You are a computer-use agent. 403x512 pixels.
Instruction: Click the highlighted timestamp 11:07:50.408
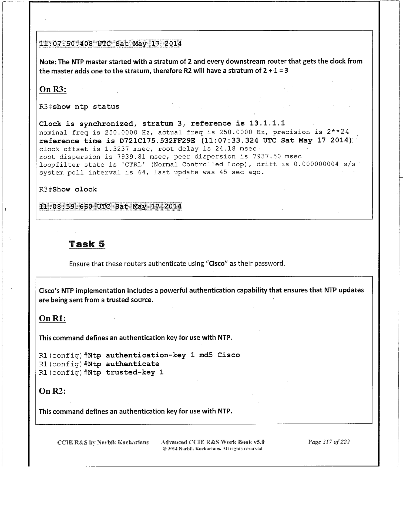pos(66,44)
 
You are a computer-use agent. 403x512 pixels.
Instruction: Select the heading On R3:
pos(53,89)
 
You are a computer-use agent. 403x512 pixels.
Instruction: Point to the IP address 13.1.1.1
pos(267,123)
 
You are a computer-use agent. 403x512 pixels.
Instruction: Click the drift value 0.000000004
pos(316,164)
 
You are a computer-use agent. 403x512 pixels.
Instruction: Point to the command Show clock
pos(75,189)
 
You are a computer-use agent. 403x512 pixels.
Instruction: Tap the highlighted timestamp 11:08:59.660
pos(66,207)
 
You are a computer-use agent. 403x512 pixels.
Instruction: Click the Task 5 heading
pos(87,244)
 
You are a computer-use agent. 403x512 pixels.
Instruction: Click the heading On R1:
pos(53,319)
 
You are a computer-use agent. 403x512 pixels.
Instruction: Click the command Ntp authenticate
pos(124,364)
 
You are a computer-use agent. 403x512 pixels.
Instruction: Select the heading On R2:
pos(53,391)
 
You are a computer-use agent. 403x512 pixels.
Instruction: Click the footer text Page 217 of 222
pos(329,442)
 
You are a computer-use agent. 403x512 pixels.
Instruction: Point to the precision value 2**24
pos(338,132)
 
